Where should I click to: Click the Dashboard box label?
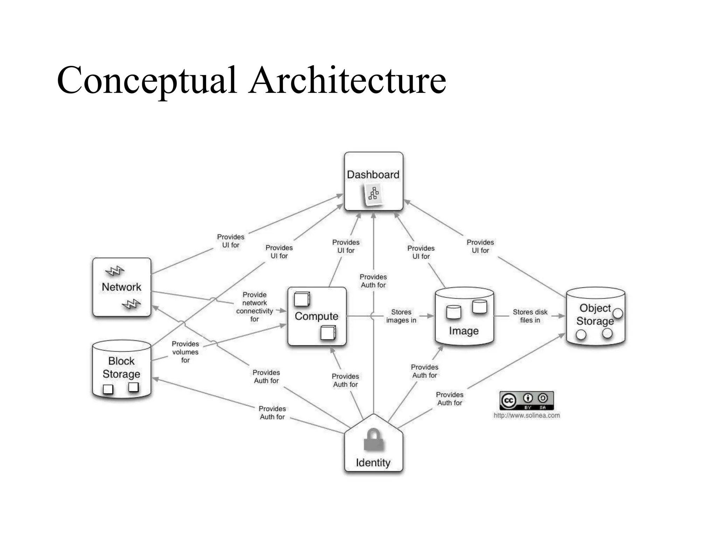(373, 174)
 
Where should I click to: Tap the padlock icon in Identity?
(374, 440)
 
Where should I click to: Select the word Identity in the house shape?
(373, 463)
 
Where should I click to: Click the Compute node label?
(316, 316)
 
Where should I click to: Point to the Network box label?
(121, 287)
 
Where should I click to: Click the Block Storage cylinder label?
(121, 367)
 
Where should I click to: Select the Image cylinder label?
(464, 331)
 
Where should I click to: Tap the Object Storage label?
(595, 315)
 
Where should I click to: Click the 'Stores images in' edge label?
(401, 316)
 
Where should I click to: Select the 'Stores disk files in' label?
(530, 316)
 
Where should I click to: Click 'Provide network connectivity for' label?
(255, 307)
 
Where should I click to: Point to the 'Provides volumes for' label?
(185, 352)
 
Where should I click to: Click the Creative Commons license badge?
(526, 400)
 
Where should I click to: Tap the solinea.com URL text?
(526, 415)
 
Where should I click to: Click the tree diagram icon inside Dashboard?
(373, 194)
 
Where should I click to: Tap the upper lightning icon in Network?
(114, 271)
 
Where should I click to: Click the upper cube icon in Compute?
(302, 299)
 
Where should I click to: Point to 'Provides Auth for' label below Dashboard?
(373, 281)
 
